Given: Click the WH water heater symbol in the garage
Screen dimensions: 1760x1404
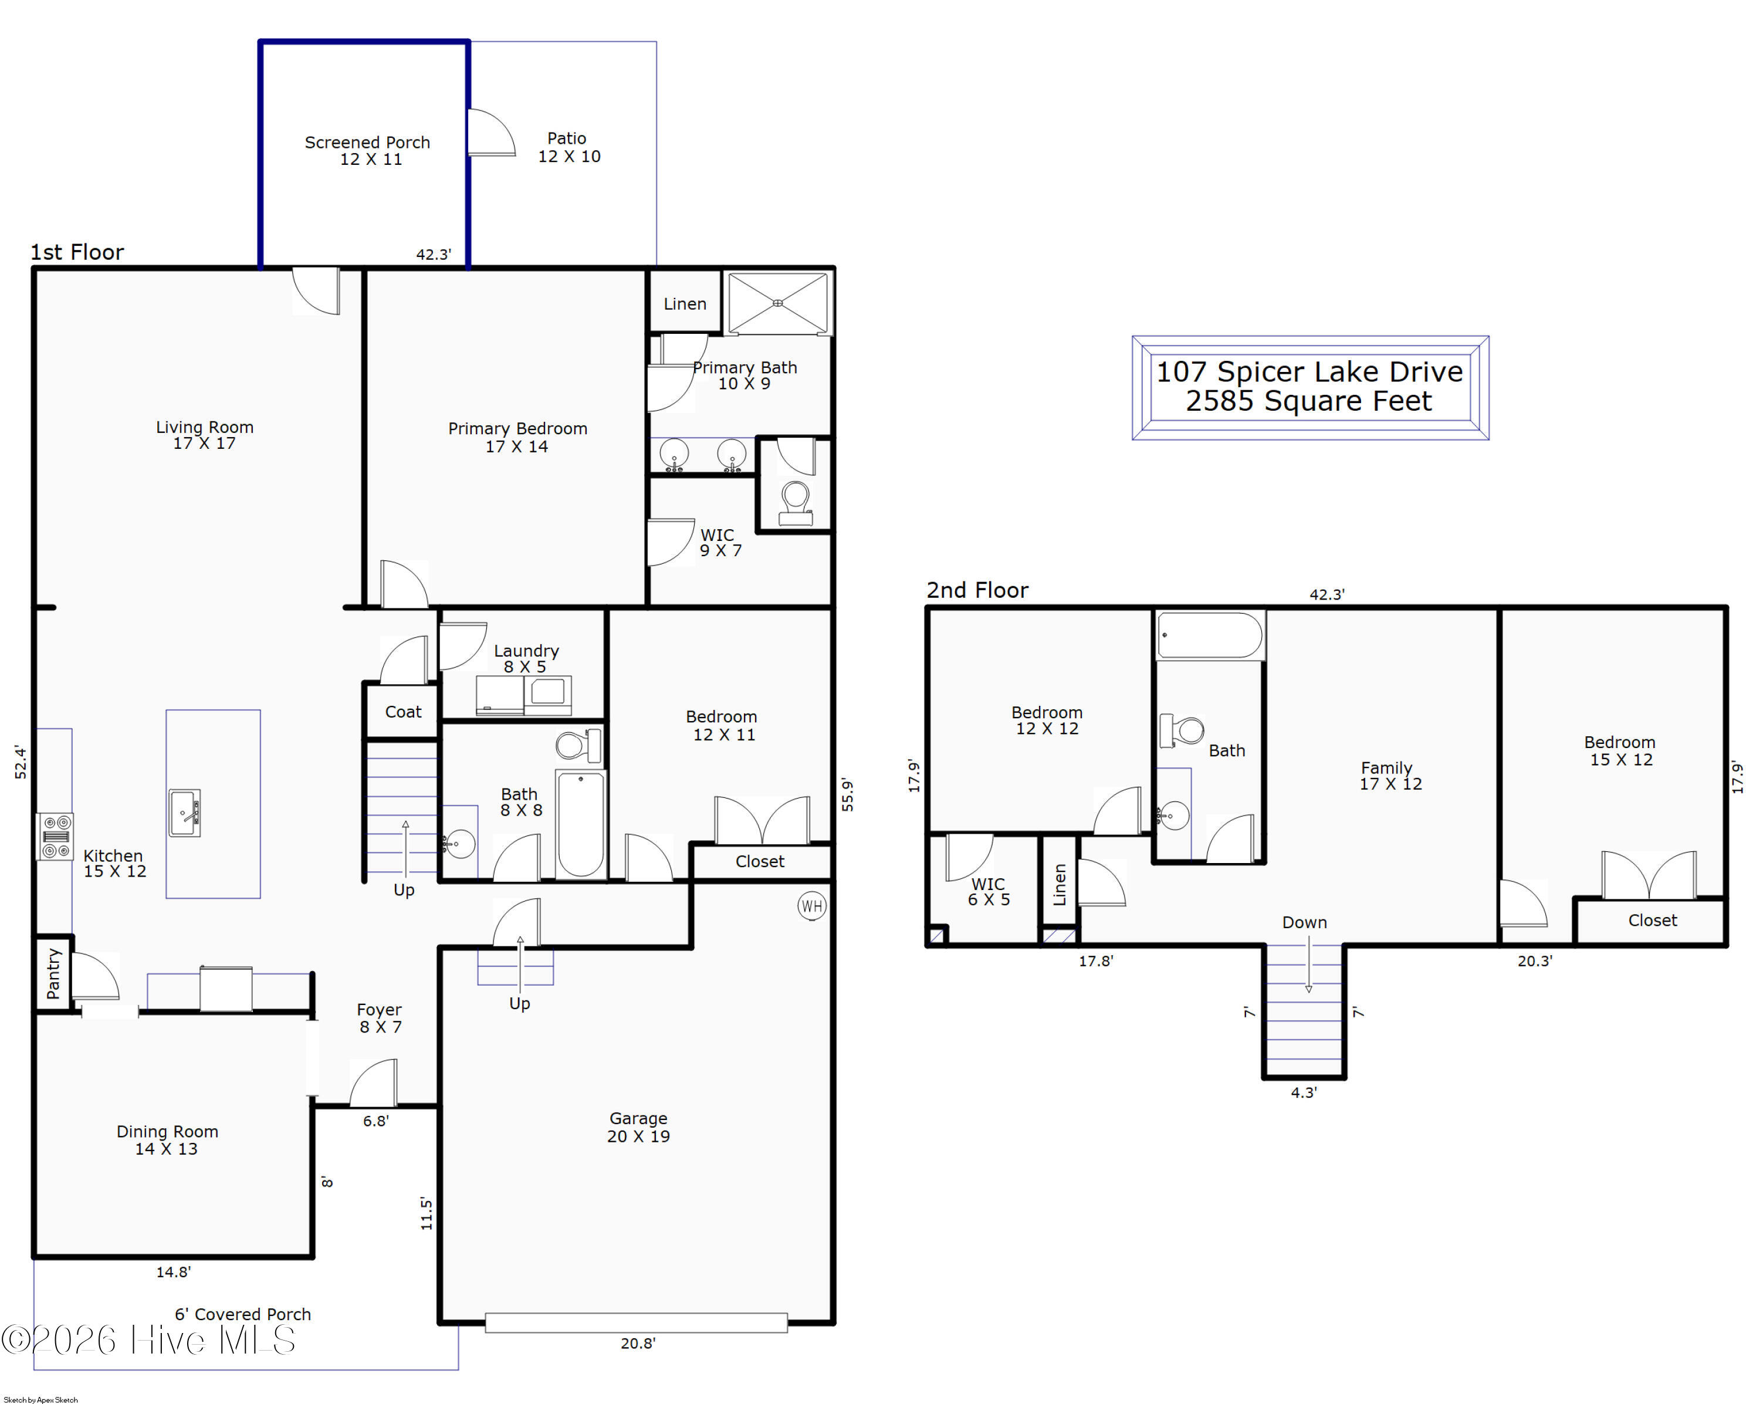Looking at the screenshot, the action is click(x=811, y=906).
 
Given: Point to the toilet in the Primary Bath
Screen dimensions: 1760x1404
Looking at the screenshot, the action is click(x=795, y=503).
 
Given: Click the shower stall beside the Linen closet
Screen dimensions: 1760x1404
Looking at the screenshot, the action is click(x=778, y=303).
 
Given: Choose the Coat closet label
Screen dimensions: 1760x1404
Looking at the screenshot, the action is click(x=403, y=712).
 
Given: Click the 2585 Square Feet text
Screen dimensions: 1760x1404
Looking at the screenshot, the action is click(x=1309, y=401).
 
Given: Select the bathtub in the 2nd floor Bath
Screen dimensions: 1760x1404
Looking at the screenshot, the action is click(x=1210, y=635).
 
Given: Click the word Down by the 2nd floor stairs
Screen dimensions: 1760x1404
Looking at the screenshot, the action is click(x=1305, y=922).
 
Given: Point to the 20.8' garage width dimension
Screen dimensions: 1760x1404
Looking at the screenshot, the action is click(x=638, y=1343).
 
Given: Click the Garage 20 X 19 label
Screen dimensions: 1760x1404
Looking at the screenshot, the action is click(x=638, y=1127).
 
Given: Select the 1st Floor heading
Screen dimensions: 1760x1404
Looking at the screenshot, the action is click(x=77, y=252).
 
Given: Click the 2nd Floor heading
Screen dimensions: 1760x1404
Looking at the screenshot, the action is click(x=977, y=590).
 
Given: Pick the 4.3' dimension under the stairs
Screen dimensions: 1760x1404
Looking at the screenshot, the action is click(x=1304, y=1092).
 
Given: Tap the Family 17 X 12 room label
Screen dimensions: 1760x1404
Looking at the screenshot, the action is click(x=1390, y=776).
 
